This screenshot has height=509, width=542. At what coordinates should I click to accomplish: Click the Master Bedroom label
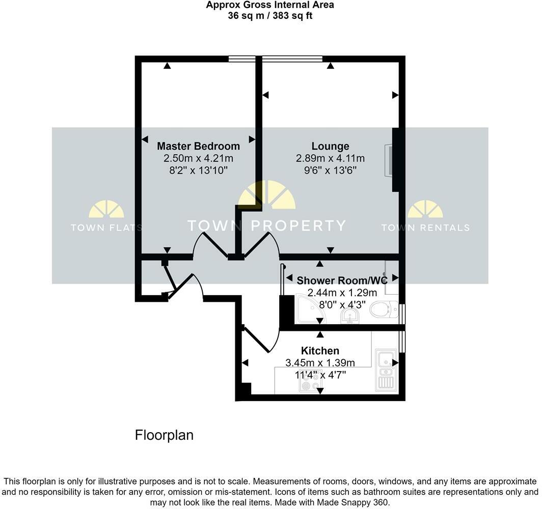click(x=198, y=146)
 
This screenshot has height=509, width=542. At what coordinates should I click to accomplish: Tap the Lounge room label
click(x=330, y=146)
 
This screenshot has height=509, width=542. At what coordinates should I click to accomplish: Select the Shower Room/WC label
click(x=342, y=280)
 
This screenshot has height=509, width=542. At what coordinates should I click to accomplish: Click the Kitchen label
click(x=320, y=351)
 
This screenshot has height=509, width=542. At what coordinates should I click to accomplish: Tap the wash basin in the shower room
click(x=349, y=317)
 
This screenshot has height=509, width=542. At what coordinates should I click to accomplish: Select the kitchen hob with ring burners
click(x=307, y=385)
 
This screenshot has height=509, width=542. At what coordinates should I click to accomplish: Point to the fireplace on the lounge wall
click(x=390, y=160)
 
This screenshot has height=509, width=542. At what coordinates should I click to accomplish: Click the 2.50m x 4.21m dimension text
click(x=198, y=158)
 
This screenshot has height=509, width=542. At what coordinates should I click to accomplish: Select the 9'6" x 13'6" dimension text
click(x=330, y=171)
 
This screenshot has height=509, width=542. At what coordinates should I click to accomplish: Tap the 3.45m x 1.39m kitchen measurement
click(x=320, y=363)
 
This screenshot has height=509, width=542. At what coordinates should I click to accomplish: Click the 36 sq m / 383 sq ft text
click(x=270, y=15)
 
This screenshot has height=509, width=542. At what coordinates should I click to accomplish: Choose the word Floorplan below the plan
click(x=164, y=436)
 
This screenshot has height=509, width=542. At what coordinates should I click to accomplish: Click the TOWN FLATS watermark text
click(x=106, y=228)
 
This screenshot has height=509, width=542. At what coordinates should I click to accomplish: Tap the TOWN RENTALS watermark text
click(x=425, y=228)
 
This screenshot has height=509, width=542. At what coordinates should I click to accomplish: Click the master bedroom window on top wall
click(x=241, y=59)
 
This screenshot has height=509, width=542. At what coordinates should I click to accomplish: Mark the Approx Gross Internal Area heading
click(x=270, y=5)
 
